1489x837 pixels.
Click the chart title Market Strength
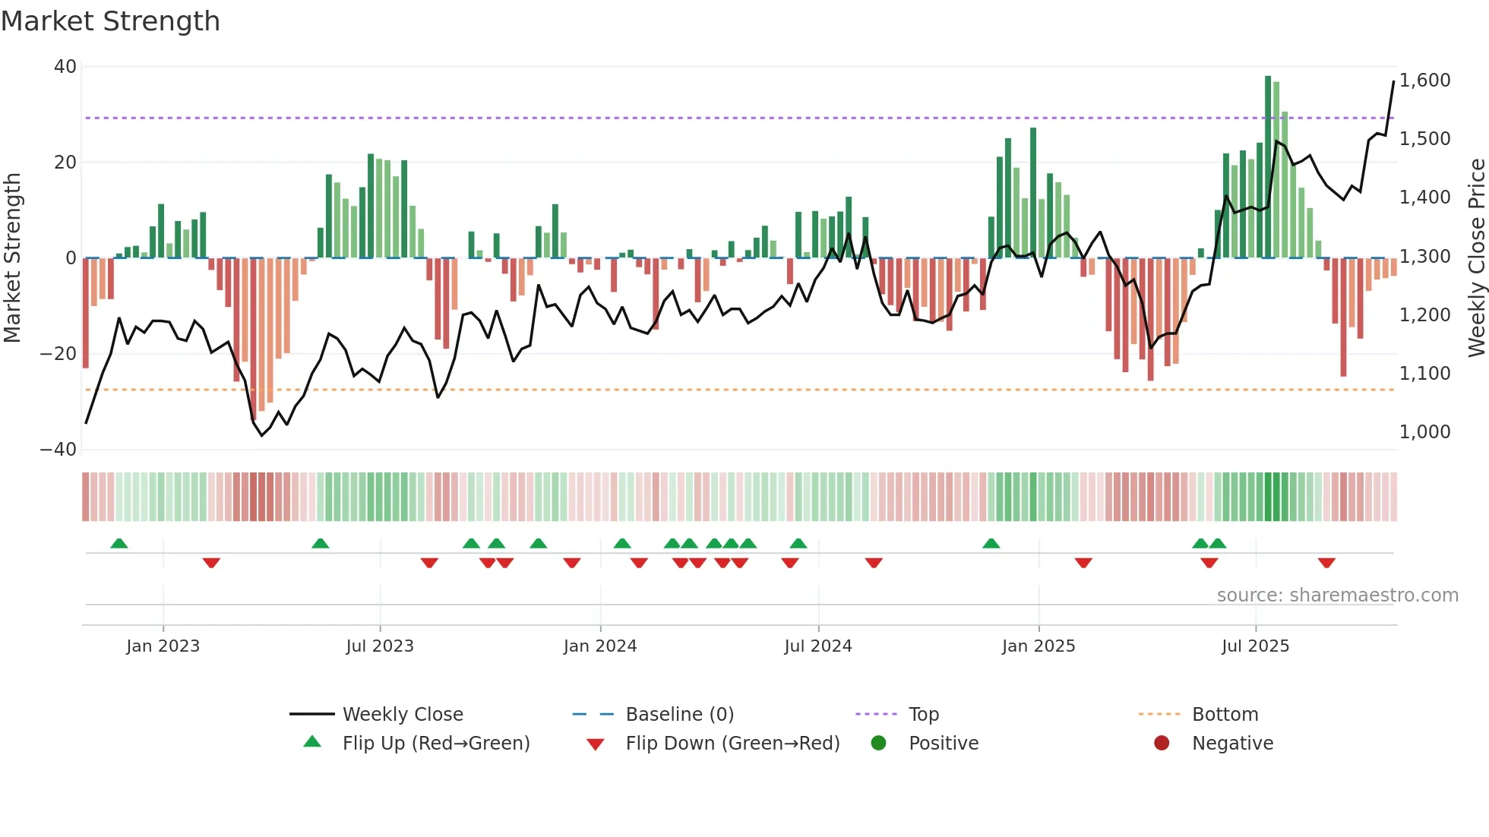point(110,21)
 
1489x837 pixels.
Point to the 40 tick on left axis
point(65,67)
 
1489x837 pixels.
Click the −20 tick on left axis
point(58,354)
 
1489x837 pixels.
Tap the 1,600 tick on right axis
point(1424,81)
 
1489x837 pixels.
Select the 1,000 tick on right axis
point(1424,432)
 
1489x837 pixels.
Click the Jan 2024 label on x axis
point(599,646)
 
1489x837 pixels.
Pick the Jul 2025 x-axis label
point(1255,646)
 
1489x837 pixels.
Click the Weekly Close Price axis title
point(1476,258)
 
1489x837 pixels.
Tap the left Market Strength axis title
point(13,258)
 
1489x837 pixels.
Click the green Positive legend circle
point(878,744)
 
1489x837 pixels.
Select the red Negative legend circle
point(1161,744)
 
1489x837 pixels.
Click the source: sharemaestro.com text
point(1337,595)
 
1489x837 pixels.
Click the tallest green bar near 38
point(1268,167)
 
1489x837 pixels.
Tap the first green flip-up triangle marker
point(119,543)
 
